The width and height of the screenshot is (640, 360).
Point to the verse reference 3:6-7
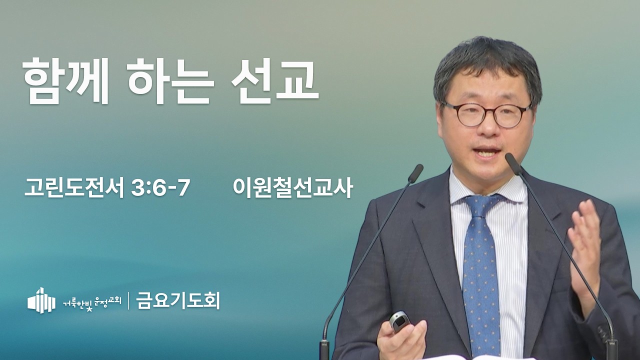(160, 187)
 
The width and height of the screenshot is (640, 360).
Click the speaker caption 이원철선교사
(293, 187)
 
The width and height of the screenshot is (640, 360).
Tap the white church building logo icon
(41, 300)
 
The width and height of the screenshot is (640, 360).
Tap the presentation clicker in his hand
(400, 322)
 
